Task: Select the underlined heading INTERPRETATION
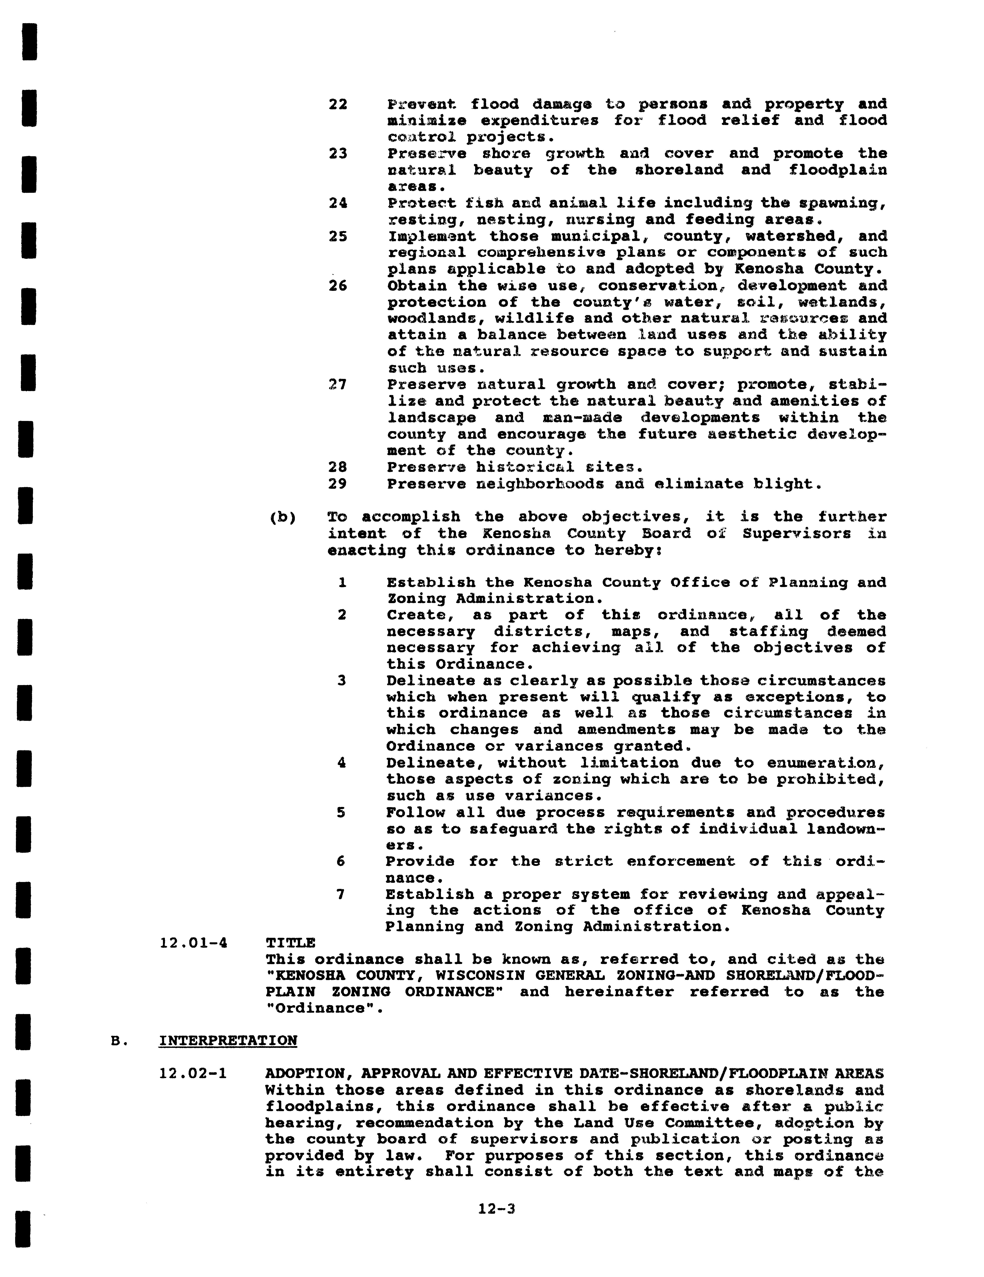point(227,1041)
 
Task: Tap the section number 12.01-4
point(193,943)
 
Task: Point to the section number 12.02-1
point(193,1074)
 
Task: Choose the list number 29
point(338,484)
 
